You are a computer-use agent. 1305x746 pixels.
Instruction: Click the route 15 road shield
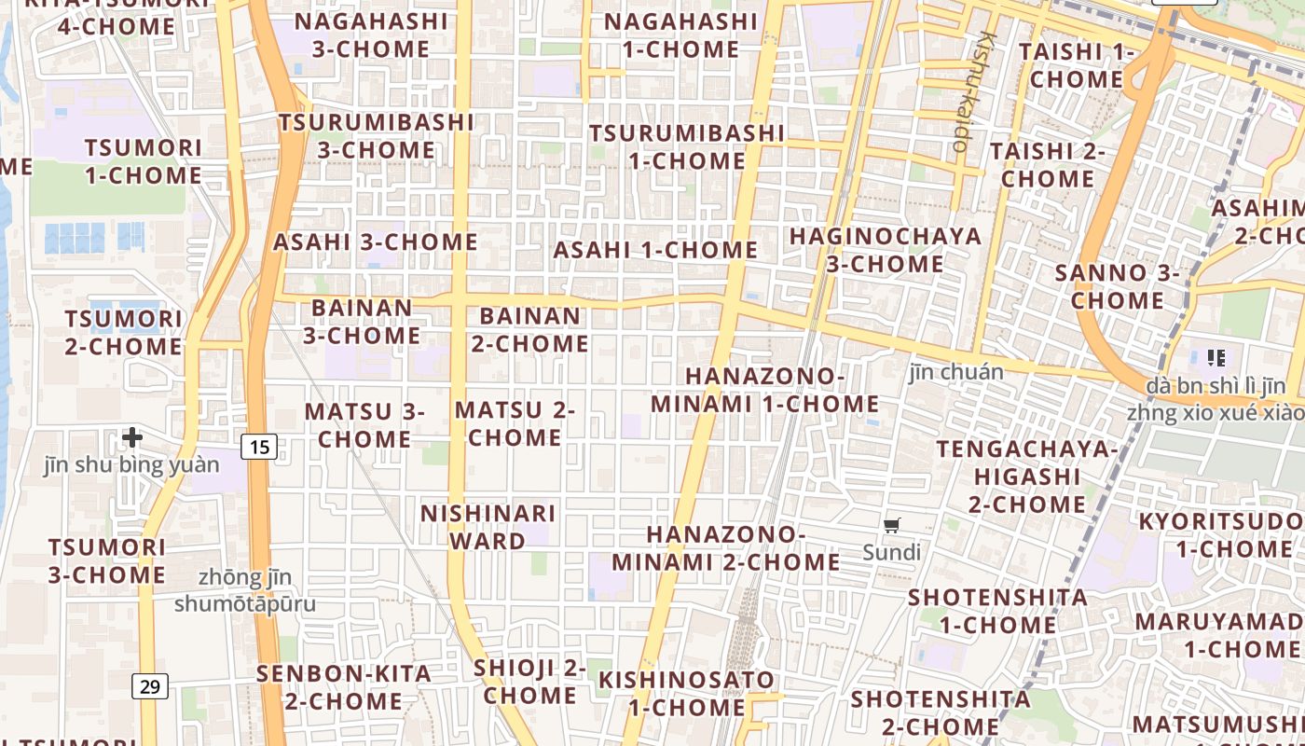259,447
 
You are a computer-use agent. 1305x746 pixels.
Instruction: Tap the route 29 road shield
149,687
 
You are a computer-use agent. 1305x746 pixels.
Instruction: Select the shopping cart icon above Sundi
892,525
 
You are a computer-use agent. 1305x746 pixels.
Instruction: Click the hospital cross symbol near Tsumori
132,436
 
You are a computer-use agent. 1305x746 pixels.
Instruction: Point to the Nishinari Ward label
488,527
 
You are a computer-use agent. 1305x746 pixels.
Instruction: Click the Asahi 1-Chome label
655,250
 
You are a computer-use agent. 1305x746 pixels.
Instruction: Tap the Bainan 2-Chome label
529,329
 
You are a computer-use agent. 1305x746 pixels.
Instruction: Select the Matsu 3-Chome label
364,424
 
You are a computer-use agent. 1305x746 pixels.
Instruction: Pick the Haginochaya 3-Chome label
886,250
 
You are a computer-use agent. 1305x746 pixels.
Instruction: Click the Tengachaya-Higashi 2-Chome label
1027,477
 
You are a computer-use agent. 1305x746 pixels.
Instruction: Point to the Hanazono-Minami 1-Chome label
765,390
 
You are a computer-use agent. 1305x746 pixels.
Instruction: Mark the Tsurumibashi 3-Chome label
377,136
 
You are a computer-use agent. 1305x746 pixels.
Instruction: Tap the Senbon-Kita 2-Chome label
344,687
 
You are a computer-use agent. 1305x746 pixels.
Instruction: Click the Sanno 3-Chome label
1117,286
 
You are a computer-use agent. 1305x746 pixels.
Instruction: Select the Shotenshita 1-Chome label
997,611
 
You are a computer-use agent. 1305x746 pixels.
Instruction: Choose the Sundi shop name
891,552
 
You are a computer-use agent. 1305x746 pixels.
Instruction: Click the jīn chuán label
956,372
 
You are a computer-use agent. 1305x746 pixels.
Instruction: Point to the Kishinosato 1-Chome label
686,693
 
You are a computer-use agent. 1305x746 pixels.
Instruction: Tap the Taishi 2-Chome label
1048,164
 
